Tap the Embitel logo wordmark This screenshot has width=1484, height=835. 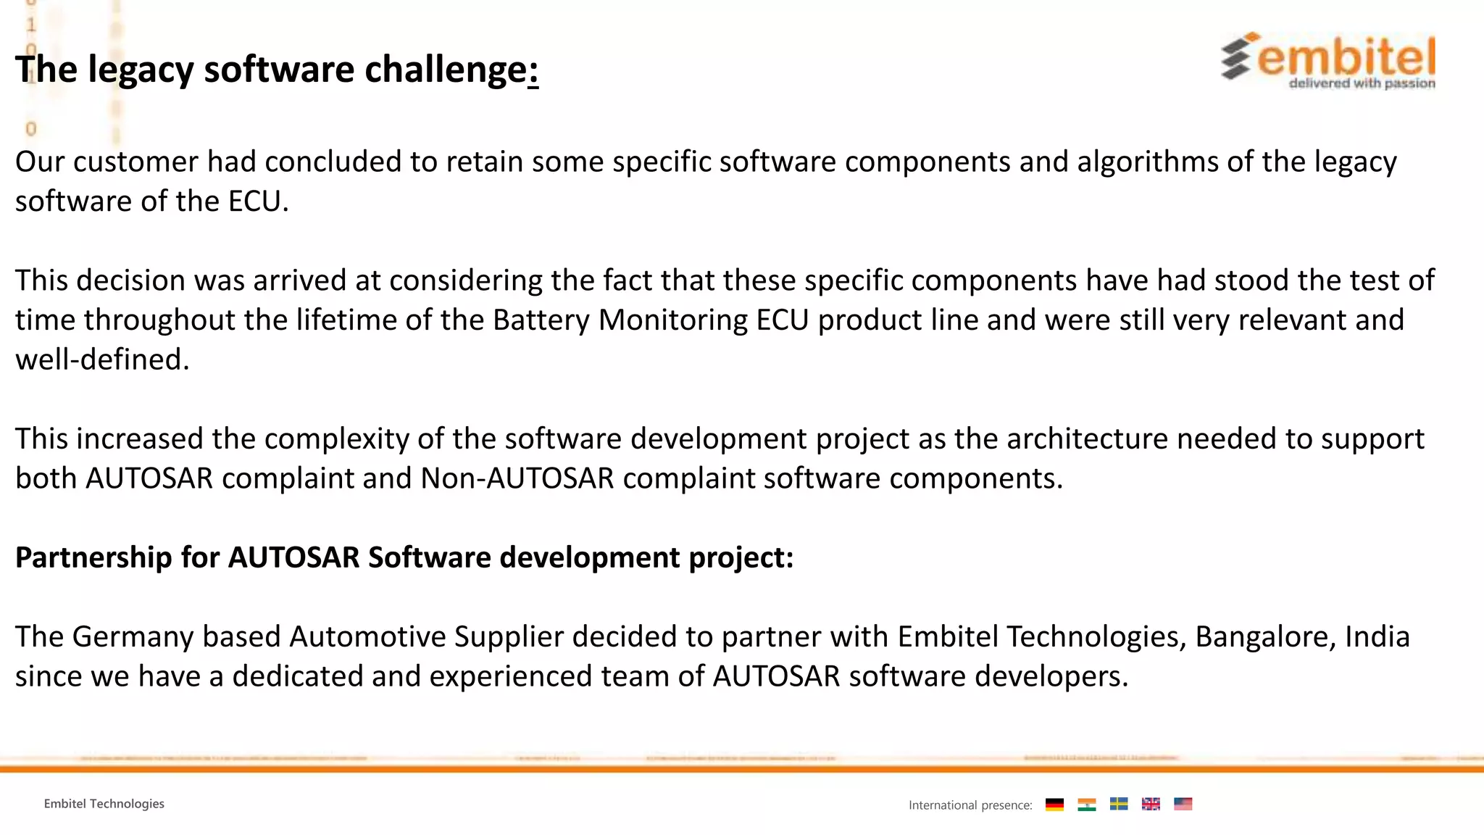pyautogui.click(x=1346, y=57)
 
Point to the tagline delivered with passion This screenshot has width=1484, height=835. pyautogui.click(x=1362, y=83)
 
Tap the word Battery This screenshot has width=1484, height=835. pyautogui.click(x=541, y=320)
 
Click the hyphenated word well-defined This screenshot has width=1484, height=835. pyautogui.click(x=101, y=360)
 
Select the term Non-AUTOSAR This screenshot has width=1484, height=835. pyautogui.click(x=517, y=478)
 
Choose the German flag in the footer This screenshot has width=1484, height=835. pyautogui.click(x=1054, y=805)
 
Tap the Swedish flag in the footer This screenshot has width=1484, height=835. pyautogui.click(x=1119, y=805)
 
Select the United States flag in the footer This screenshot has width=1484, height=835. pyautogui.click(x=1183, y=805)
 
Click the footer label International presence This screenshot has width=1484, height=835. pyautogui.click(x=970, y=805)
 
